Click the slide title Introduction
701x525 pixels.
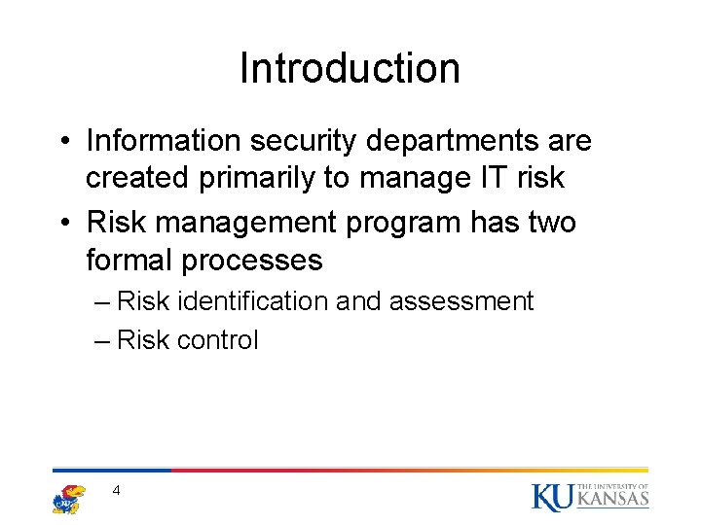(350, 68)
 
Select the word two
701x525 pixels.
(547, 222)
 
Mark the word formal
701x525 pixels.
(131, 261)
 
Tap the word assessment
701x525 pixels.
(461, 301)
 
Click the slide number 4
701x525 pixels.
(116, 491)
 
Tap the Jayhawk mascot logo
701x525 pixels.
(68, 498)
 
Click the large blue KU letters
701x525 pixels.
(552, 497)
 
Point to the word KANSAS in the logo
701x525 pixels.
(612, 500)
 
